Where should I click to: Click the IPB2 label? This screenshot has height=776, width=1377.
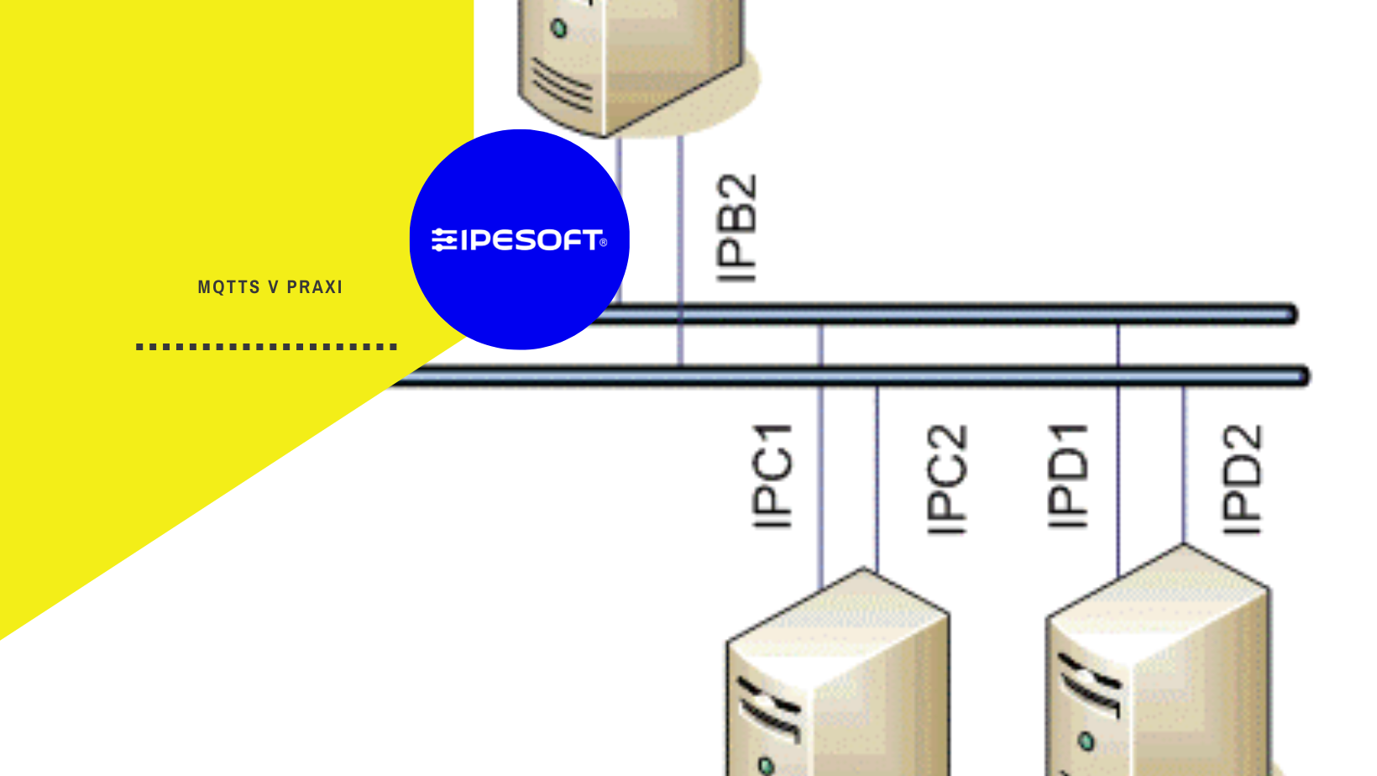point(737,228)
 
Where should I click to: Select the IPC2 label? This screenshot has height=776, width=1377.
point(947,480)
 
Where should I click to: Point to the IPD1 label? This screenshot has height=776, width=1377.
point(1068,476)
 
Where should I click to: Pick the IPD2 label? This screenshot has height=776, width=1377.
point(1243,480)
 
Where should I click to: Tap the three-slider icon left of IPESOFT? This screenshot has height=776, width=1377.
point(444,240)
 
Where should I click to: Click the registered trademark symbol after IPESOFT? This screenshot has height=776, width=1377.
point(603,243)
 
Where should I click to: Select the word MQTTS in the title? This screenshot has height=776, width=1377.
point(229,287)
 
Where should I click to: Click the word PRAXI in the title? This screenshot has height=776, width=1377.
point(315,287)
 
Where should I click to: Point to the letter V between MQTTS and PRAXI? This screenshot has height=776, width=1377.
point(273,287)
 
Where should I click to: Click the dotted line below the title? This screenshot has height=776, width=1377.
point(266,346)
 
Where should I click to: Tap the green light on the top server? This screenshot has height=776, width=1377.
point(559,29)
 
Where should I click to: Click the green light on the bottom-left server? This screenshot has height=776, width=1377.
point(766,765)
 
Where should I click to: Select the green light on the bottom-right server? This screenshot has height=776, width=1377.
point(1086,742)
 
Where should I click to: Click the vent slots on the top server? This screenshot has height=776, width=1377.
point(561,87)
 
